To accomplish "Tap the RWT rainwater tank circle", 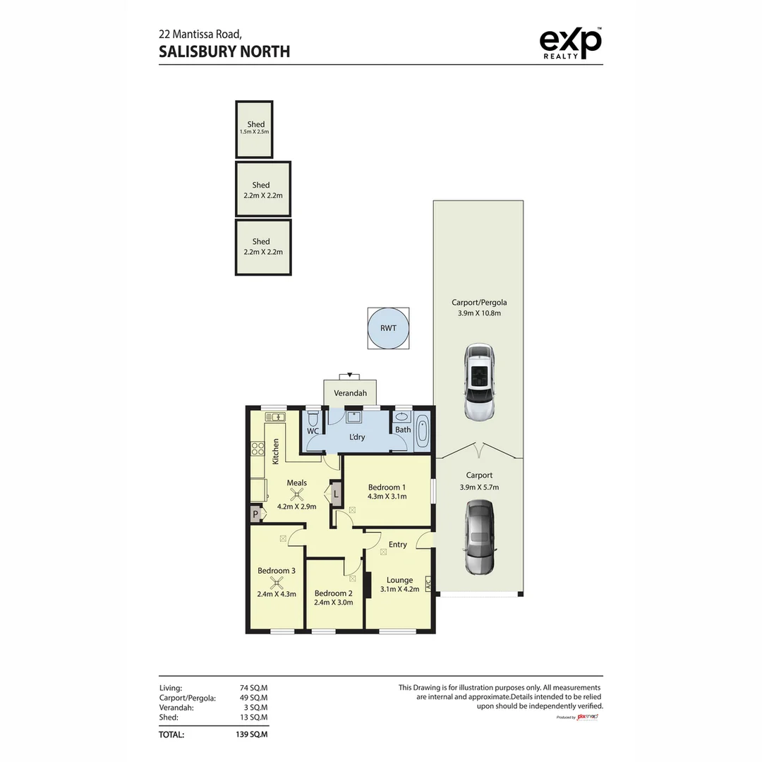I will [387, 328].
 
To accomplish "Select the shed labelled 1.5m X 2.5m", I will [254, 130].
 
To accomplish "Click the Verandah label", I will [350, 393].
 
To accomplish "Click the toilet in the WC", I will [313, 418].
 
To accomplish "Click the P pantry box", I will [255, 515].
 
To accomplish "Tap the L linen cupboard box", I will [336, 494].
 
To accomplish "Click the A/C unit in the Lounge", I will [428, 585].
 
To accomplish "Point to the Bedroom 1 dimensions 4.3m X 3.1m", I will [387, 497].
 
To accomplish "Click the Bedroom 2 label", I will [334, 593].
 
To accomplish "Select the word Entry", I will [397, 544].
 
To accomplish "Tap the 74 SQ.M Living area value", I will [254, 688].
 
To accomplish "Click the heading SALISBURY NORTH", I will [224, 52].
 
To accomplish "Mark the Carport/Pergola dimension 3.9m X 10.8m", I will [476, 313].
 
